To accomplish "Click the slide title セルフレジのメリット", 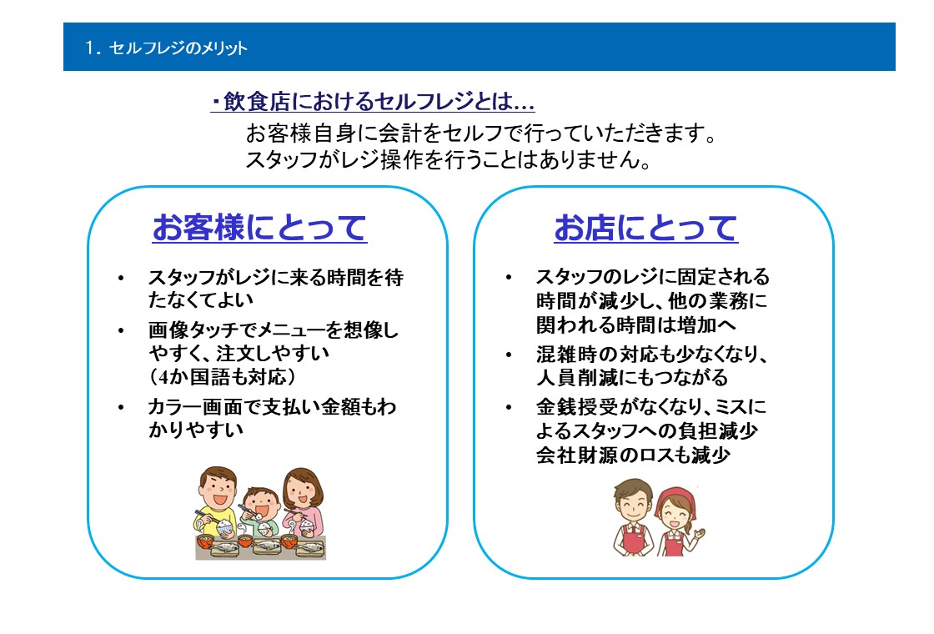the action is point(178,48).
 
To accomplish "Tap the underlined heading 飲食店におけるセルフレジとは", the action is point(373,101).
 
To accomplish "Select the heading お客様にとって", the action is point(259,227).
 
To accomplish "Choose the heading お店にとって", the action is point(645,227).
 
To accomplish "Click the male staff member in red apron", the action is point(633,517).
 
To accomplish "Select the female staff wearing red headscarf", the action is point(678,522).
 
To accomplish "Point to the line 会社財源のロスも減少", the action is point(633,455).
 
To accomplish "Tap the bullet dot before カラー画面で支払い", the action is point(121,408).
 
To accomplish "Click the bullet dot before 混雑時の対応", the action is point(508,355).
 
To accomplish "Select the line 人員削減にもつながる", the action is point(631,378).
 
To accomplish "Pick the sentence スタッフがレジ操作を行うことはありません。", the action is point(449,159).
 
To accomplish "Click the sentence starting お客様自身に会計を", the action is point(481,133).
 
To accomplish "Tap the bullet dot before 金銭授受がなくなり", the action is point(508,408).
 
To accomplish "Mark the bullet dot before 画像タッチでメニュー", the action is point(121,330).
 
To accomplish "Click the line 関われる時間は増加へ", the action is point(635,325).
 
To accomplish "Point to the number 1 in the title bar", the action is point(89,48).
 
